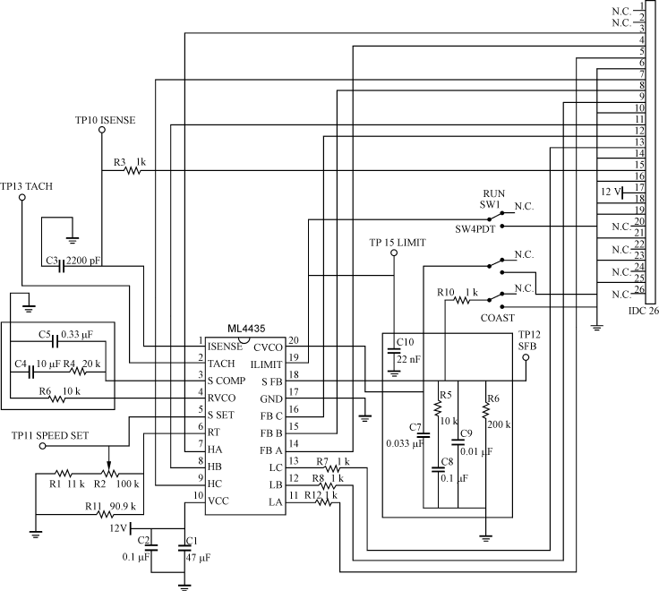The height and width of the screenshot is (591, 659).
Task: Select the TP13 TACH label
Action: click(26, 186)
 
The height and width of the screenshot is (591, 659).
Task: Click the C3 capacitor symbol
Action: click(61, 265)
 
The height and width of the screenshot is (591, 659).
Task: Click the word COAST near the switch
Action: click(497, 317)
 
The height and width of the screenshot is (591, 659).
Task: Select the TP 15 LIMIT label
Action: click(397, 244)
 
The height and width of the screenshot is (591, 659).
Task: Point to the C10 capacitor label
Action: click(405, 342)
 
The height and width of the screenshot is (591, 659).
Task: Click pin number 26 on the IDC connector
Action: click(638, 288)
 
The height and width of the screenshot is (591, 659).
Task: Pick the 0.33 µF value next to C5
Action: click(77, 335)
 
